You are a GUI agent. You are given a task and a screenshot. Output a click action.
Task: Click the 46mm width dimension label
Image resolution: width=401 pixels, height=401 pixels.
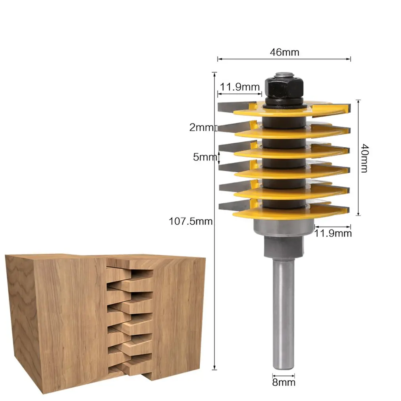tap(284, 52)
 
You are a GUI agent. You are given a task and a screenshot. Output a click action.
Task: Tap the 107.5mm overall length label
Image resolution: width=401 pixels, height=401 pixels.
tap(191, 222)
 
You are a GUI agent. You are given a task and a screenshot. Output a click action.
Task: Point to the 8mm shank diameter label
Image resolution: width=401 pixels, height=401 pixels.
tap(284, 383)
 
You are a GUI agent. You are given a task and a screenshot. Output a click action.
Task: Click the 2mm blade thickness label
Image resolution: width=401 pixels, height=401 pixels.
tap(201, 127)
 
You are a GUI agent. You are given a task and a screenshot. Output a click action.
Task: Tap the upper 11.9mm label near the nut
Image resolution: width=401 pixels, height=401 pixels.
tap(240, 87)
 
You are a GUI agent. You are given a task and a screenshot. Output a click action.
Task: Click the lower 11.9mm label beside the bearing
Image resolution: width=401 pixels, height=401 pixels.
tap(333, 233)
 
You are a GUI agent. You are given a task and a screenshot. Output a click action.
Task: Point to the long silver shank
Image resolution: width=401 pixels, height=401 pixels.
tap(283, 314)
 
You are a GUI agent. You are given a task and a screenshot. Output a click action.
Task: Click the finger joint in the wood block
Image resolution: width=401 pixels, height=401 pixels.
tap(129, 318)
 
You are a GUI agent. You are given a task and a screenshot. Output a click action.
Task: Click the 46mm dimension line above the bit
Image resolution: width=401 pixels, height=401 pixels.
tap(284, 59)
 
